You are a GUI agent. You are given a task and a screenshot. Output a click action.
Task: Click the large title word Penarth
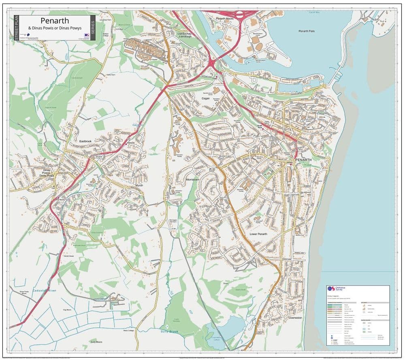coord(55,21)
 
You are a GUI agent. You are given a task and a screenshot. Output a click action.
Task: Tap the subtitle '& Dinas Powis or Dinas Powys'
coord(55,28)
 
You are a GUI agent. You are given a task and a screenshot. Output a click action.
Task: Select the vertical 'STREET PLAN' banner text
coord(17,28)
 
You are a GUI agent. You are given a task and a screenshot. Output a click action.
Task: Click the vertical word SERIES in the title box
coord(92,28)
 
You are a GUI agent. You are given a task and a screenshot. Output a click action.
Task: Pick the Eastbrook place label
coord(86,141)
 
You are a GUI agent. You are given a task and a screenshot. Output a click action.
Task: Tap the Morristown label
coord(192,179)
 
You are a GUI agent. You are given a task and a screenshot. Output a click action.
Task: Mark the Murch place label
coord(139,185)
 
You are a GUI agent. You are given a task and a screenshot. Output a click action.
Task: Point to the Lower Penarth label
coord(258,234)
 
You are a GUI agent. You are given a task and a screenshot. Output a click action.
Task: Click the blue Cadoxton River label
coord(45,291)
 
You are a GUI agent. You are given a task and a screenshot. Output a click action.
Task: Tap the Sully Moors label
coord(96,342)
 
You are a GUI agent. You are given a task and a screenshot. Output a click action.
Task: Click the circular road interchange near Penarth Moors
coord(240,15)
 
